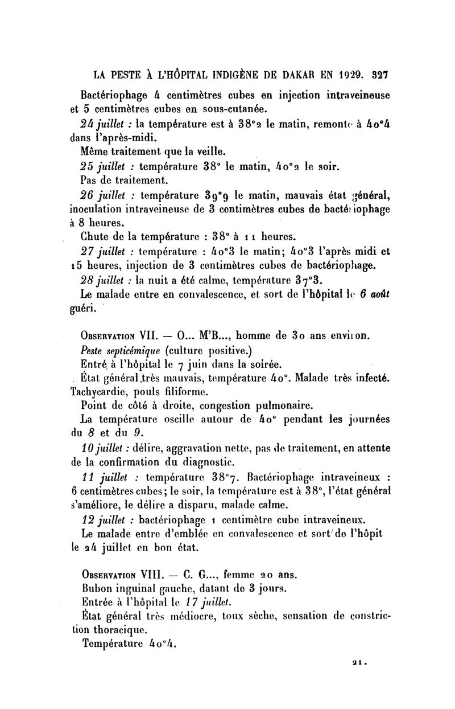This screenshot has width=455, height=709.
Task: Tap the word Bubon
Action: pyautogui.click(x=99, y=588)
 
